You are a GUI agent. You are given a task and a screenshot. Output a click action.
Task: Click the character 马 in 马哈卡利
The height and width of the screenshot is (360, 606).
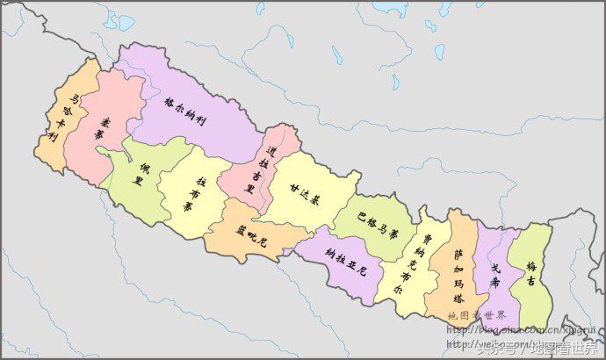pos(76,100)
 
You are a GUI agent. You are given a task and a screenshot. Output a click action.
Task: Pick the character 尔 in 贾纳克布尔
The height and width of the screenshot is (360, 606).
pos(406,287)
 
